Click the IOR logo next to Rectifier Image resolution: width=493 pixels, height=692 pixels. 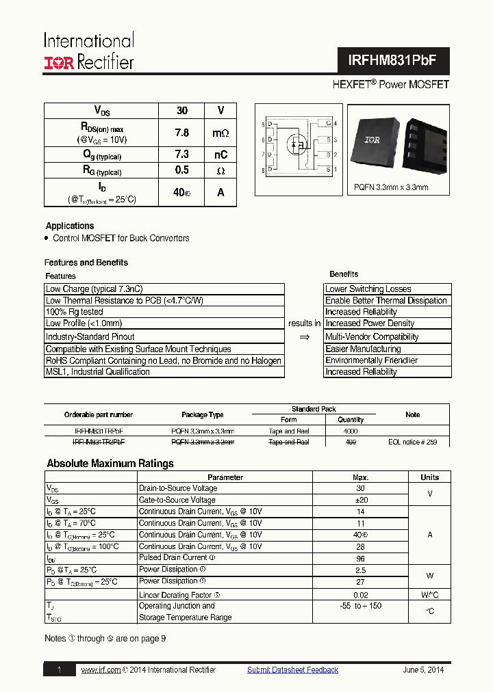[x=59, y=63]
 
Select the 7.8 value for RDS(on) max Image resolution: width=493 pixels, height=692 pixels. [x=181, y=133]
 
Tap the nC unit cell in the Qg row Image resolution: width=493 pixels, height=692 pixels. [x=220, y=155]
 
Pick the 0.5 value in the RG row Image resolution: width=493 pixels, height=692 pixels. [x=181, y=170]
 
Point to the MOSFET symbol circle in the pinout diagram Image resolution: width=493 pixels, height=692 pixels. [x=297, y=145]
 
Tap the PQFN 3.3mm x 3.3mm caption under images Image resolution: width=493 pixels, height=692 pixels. [x=391, y=187]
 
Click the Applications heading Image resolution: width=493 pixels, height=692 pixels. [x=70, y=226]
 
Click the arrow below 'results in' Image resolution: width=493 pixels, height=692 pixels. [x=305, y=336]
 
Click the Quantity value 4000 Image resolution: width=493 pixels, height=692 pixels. [x=351, y=431]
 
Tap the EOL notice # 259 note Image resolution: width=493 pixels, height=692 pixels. [x=412, y=442]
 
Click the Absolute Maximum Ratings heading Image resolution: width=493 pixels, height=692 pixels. [x=110, y=464]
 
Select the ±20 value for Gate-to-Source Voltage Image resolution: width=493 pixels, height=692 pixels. [x=360, y=500]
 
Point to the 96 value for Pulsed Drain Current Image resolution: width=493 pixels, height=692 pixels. [x=360, y=558]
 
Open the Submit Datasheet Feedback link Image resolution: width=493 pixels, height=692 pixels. [x=292, y=670]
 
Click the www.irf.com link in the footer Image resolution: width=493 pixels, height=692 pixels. [x=101, y=670]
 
